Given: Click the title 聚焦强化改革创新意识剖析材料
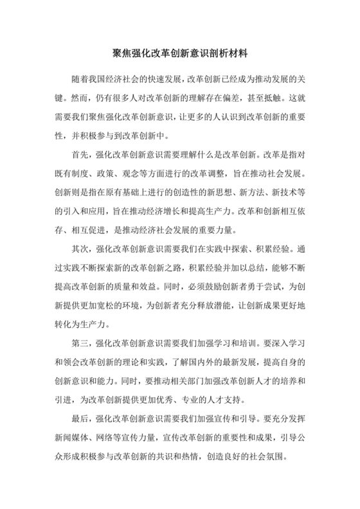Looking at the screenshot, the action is (180, 50).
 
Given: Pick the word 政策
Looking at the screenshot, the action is (112, 173).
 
